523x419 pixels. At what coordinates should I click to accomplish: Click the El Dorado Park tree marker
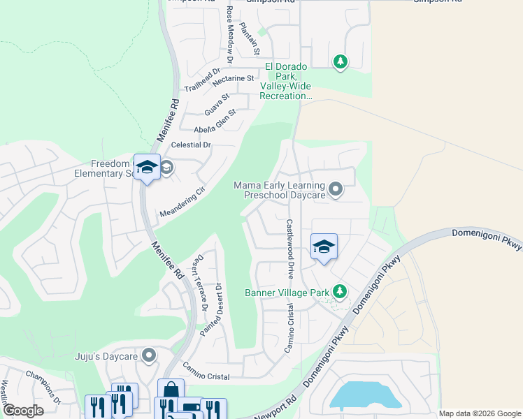341,62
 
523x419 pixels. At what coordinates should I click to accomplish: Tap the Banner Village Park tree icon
340,291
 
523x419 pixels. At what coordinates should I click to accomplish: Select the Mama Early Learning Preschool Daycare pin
336,189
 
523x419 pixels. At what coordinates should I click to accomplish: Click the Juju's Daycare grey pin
148,356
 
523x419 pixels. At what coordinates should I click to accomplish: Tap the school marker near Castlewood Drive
324,248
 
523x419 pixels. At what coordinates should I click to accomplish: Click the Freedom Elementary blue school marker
147,168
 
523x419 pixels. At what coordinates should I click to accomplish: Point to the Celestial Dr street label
187,145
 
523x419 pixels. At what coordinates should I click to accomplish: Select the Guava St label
217,105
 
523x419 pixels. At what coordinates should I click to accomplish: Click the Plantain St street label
250,39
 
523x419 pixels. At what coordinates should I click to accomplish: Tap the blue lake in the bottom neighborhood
364,395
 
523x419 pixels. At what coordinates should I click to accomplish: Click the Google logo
23,411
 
